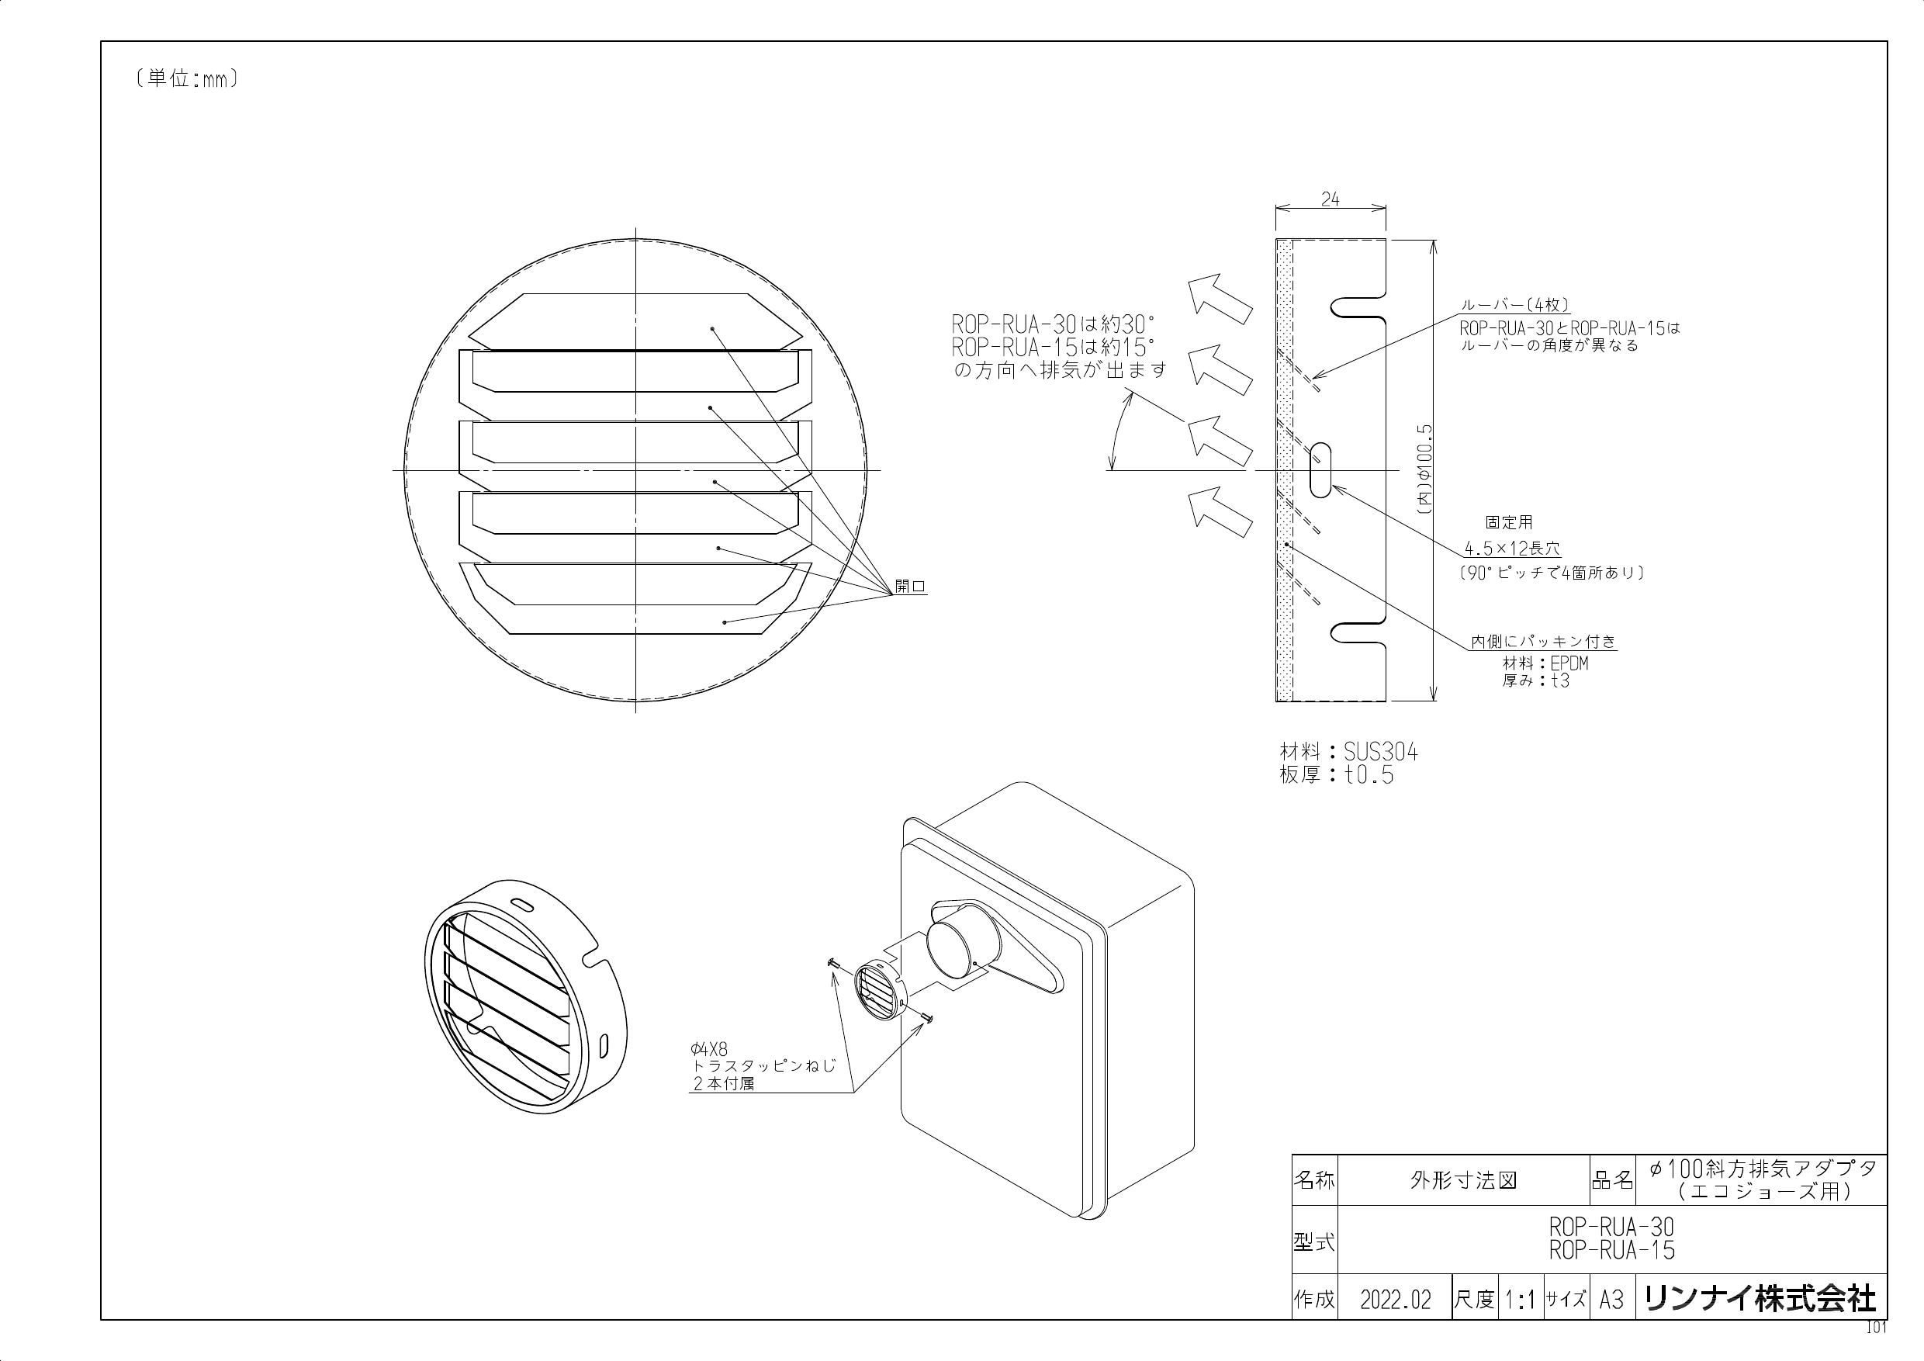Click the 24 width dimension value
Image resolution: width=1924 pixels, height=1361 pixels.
pyautogui.click(x=1330, y=199)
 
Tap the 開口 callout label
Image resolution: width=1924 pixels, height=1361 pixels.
pyautogui.click(x=909, y=587)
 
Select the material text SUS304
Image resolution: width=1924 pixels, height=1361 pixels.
pyautogui.click(x=1381, y=753)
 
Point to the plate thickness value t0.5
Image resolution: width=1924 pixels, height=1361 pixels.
pyautogui.click(x=1370, y=775)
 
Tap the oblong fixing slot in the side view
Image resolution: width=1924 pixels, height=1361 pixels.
pyautogui.click(x=1319, y=470)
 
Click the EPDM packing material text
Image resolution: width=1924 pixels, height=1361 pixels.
pyautogui.click(x=1569, y=663)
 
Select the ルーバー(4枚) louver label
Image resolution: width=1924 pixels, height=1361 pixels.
pyautogui.click(x=1514, y=306)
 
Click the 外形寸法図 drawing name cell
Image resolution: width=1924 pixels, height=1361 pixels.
pyautogui.click(x=1463, y=1181)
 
